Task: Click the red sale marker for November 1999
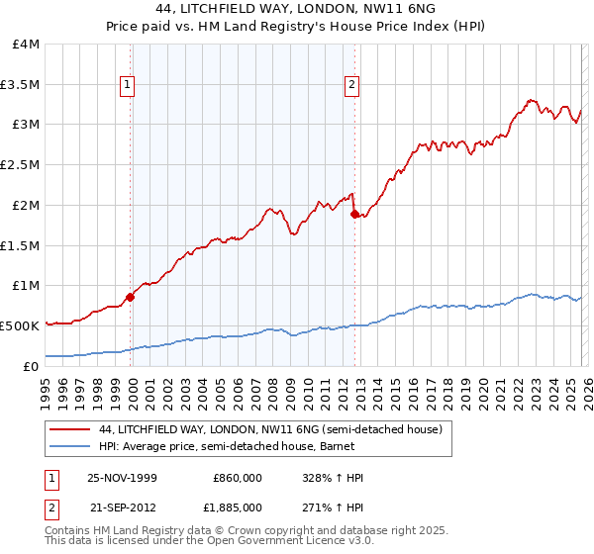pyautogui.click(x=131, y=296)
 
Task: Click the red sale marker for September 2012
pyautogui.click(x=354, y=213)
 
